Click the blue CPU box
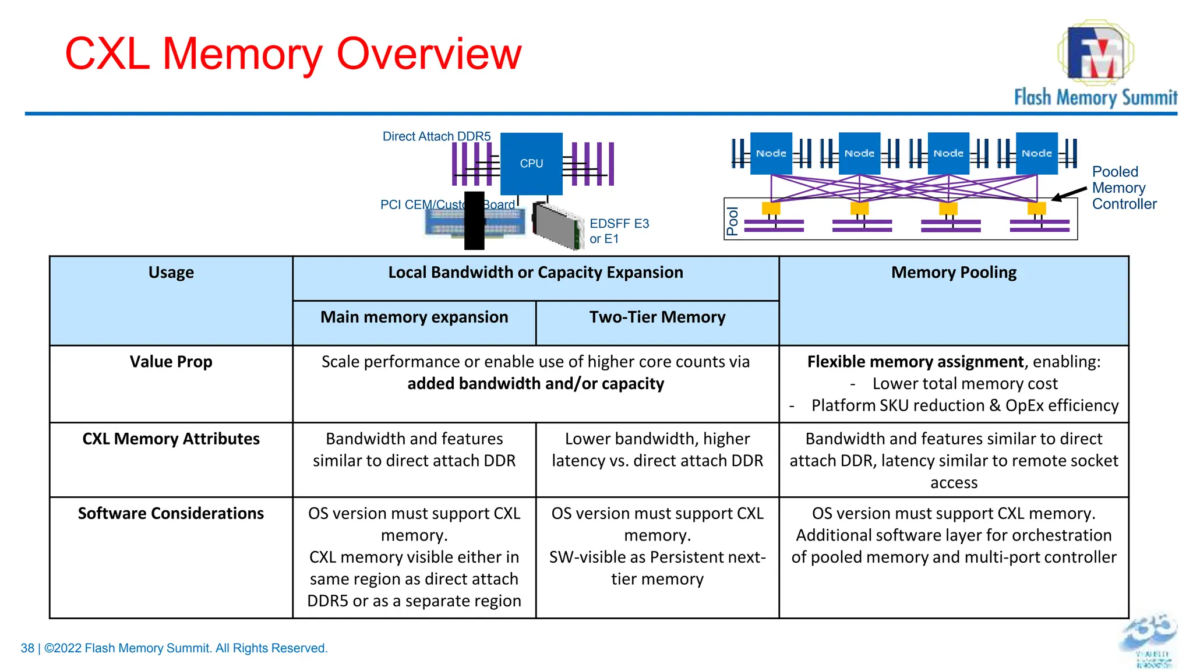531,164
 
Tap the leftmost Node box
771,153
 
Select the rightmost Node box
1036,153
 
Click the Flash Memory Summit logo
1095,64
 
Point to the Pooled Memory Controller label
1123,188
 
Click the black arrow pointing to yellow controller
1070,195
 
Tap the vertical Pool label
732,221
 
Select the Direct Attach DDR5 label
436,136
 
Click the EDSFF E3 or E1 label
618,231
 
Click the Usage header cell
171,273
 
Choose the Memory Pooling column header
954,273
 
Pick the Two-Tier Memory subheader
657,317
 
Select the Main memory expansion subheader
414,317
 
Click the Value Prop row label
171,362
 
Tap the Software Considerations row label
171,513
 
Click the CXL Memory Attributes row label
171,439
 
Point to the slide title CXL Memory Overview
293,54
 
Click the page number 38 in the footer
27,648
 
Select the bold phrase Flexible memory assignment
915,362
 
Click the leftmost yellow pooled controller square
771,208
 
